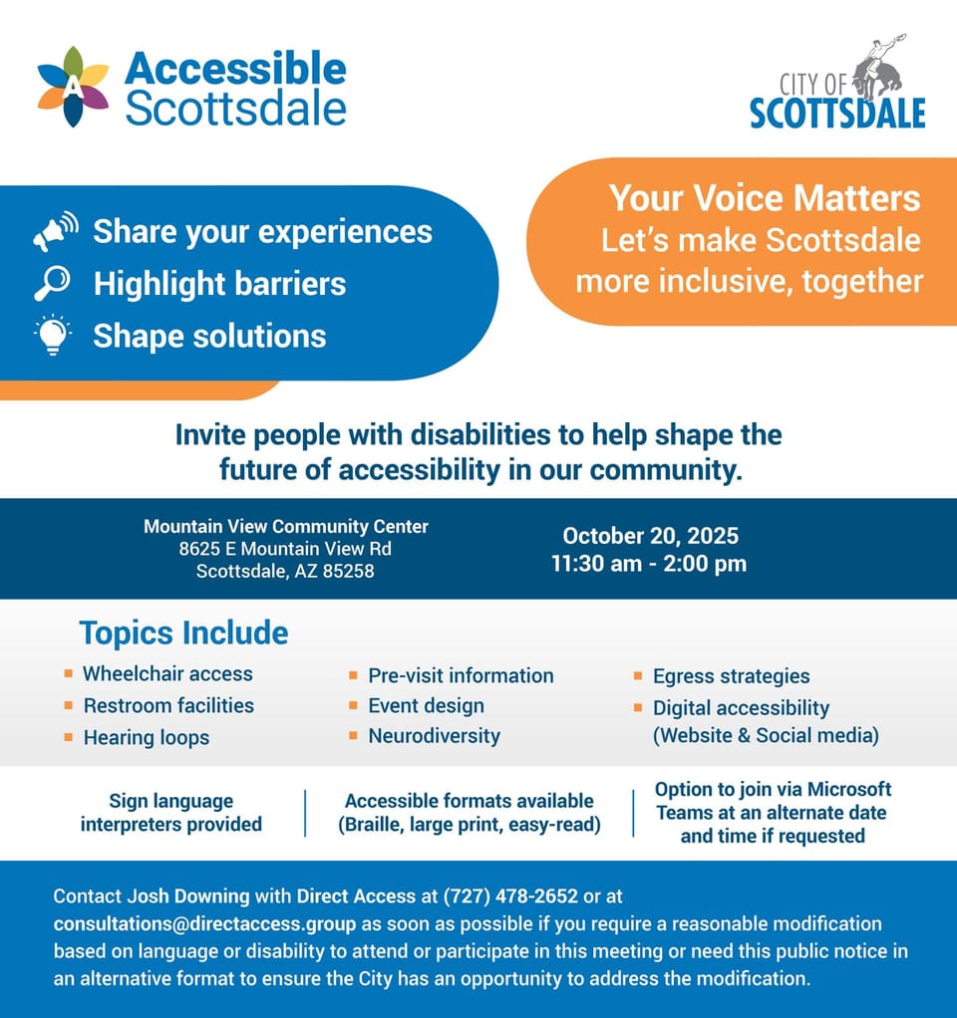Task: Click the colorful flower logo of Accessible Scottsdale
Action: coord(73,87)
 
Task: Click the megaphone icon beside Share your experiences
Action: coord(55,231)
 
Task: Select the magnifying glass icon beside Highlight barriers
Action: coord(52,284)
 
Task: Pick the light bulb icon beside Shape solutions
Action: coord(53,335)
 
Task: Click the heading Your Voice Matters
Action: coord(765,197)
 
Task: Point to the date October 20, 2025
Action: coord(649,536)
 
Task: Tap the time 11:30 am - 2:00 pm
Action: coord(649,564)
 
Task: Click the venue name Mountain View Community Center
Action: coord(286,526)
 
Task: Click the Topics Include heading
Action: coord(183,633)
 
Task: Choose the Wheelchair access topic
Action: coord(167,673)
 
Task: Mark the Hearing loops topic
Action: coord(147,737)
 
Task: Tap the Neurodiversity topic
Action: coord(434,736)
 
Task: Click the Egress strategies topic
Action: coord(731,676)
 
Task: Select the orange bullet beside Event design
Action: coord(354,705)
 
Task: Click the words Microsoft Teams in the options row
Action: coord(773,801)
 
